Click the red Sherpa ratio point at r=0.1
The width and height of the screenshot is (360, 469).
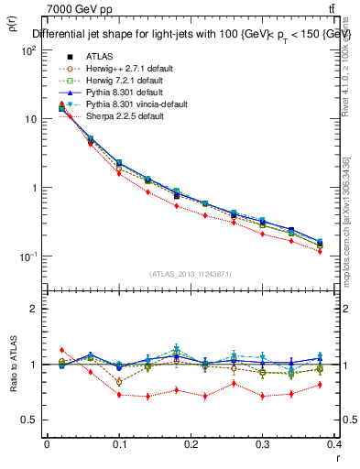tap(119, 395)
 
